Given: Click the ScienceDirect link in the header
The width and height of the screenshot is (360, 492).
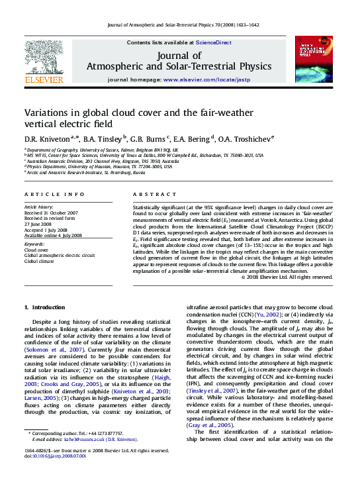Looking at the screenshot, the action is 213,42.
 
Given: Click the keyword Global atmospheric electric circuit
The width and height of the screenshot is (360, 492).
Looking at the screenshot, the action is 55,255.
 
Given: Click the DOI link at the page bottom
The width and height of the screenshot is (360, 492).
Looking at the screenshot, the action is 50,474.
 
